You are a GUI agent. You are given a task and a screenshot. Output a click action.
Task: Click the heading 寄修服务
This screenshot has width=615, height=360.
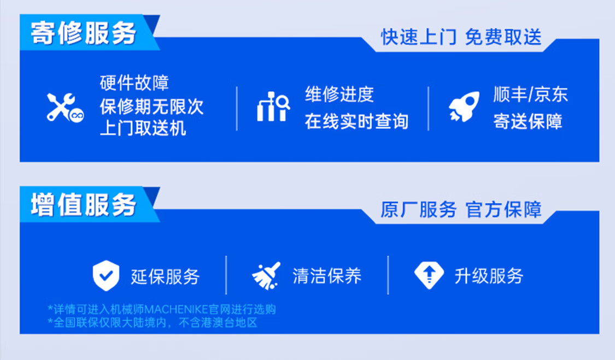click(84, 33)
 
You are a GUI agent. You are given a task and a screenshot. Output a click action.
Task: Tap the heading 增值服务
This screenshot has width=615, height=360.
click(84, 205)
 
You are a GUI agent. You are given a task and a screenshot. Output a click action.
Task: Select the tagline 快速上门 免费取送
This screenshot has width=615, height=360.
click(461, 37)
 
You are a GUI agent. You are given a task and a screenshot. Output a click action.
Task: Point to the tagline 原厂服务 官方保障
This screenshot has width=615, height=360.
click(461, 209)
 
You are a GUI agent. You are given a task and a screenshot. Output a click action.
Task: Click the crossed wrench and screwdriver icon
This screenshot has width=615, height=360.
click(65, 107)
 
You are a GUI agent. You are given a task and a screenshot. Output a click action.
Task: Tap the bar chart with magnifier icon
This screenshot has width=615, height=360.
click(273, 107)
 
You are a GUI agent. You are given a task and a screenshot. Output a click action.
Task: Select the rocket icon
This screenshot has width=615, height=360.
click(464, 107)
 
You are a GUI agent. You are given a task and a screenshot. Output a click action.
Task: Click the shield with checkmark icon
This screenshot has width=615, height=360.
click(106, 276)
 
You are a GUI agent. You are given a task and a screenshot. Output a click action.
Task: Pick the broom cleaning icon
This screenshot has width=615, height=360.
click(266, 276)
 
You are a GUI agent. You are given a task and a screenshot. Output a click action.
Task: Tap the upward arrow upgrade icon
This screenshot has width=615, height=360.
click(429, 275)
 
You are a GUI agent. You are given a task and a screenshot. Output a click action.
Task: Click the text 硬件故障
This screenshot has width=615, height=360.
click(134, 82)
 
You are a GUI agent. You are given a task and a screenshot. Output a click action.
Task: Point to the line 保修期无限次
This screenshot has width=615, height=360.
click(151, 107)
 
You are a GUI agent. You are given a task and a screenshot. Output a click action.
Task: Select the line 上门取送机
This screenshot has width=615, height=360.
click(143, 128)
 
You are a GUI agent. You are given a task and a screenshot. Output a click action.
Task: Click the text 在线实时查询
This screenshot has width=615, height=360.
click(356, 121)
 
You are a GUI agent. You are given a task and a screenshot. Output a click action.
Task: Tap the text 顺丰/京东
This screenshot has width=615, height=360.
click(531, 95)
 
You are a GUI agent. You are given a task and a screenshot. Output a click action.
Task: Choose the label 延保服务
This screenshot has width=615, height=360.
click(165, 276)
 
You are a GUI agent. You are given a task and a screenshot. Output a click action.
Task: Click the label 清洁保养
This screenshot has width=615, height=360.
click(327, 276)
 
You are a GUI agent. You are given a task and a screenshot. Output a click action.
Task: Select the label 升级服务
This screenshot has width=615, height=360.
click(489, 276)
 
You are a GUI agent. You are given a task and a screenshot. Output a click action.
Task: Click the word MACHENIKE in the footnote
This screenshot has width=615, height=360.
click(176, 309)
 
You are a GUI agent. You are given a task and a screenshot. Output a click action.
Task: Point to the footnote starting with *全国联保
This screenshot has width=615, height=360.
click(152, 323)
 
